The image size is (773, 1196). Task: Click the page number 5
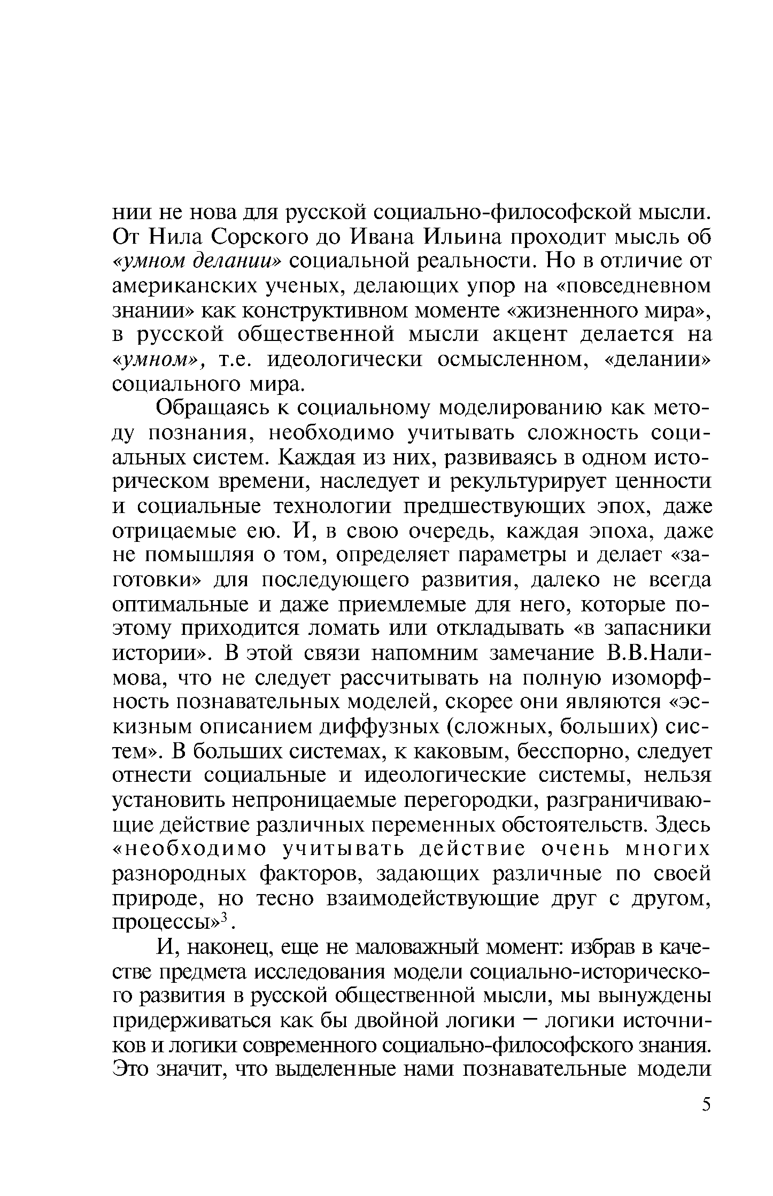pos(707,1105)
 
